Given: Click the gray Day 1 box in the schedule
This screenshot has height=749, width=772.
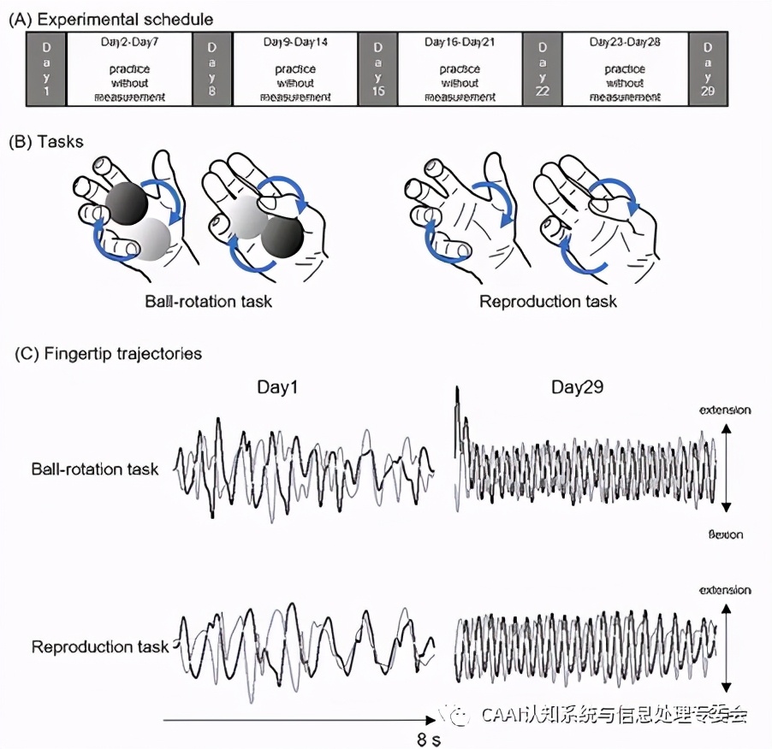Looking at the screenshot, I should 47,68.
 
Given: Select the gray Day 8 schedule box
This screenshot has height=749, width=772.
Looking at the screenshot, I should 212,68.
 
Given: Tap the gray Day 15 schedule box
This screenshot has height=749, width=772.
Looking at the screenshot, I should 377,68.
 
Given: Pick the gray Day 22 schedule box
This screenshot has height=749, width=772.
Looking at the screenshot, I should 542,68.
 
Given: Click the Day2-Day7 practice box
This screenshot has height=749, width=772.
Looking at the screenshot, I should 130,68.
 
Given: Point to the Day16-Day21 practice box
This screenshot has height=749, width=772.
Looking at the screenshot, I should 460,68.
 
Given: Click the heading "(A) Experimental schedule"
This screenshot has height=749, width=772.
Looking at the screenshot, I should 111,18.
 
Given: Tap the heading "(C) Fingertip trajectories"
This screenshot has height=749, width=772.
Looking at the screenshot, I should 110,353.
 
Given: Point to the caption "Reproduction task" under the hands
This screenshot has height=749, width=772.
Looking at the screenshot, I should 548,301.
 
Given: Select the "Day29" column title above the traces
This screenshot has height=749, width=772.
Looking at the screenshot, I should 576,387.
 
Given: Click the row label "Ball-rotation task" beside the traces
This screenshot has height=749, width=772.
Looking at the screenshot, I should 95,469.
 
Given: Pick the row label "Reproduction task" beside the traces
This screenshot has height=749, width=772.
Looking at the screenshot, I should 100,646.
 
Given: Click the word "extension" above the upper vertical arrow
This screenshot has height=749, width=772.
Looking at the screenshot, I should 725,410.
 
